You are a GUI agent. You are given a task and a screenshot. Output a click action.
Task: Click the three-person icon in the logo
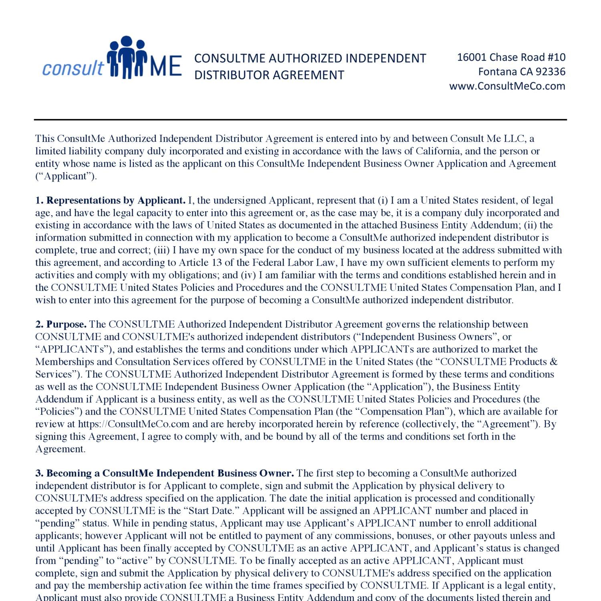click(x=126, y=57)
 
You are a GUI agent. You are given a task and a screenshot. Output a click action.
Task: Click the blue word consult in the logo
click(x=73, y=68)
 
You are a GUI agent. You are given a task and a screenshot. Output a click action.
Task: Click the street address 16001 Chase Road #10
click(x=511, y=57)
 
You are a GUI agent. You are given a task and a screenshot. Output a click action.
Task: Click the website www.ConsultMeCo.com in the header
click(x=507, y=86)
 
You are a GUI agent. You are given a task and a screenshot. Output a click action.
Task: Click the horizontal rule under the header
click(x=300, y=119)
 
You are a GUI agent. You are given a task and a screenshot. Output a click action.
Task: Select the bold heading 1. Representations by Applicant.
click(x=111, y=200)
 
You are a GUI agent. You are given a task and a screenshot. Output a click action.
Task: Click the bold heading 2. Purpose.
click(x=61, y=324)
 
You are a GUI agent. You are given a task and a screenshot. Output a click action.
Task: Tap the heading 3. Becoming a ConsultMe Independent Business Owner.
click(x=165, y=473)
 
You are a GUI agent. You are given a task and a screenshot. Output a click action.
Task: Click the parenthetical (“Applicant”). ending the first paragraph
click(x=66, y=176)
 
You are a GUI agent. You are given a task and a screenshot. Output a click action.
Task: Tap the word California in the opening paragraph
click(x=438, y=151)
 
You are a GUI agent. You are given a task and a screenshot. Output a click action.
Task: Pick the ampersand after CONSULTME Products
click(x=553, y=362)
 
